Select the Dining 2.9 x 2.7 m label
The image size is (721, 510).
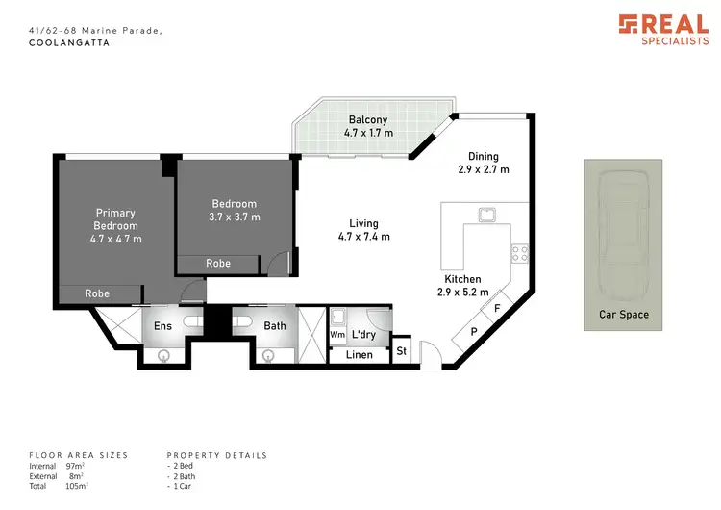click(483, 163)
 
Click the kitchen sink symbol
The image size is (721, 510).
click(487, 213)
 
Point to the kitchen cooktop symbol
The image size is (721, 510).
click(520, 254)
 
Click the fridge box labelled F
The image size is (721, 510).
click(496, 310)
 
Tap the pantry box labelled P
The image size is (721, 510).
click(472, 333)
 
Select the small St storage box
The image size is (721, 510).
click(401, 351)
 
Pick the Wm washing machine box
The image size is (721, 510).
click(336, 335)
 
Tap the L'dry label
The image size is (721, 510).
click(363, 335)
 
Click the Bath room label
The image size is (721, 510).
click(275, 326)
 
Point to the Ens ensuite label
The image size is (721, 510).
click(163, 326)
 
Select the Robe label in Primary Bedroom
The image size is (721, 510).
click(96, 293)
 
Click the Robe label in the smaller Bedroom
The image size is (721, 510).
click(217, 263)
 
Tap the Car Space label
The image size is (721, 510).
click(624, 315)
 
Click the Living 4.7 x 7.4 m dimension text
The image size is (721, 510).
click(363, 236)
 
